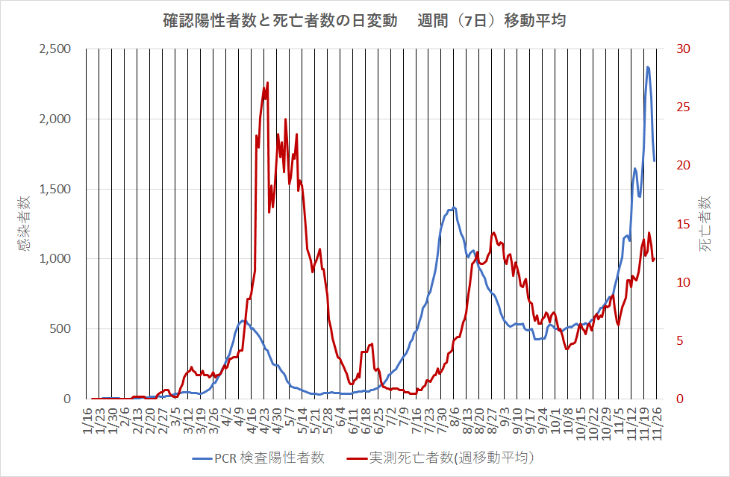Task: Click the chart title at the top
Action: tap(364, 20)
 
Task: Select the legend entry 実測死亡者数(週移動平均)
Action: tap(441, 458)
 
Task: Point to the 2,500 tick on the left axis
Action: tap(54, 49)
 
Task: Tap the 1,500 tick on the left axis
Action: tap(54, 189)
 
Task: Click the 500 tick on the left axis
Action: tap(60, 329)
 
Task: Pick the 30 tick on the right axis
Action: tap(684, 49)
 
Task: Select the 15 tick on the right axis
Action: tap(684, 224)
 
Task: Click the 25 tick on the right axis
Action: tap(684, 107)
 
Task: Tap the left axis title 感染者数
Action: tap(25, 223)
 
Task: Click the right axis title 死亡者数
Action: tap(705, 223)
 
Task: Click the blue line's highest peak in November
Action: tap(648, 67)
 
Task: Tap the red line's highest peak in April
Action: tap(266, 84)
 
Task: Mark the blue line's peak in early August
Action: tap(454, 208)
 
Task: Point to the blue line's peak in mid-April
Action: tap(243, 321)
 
